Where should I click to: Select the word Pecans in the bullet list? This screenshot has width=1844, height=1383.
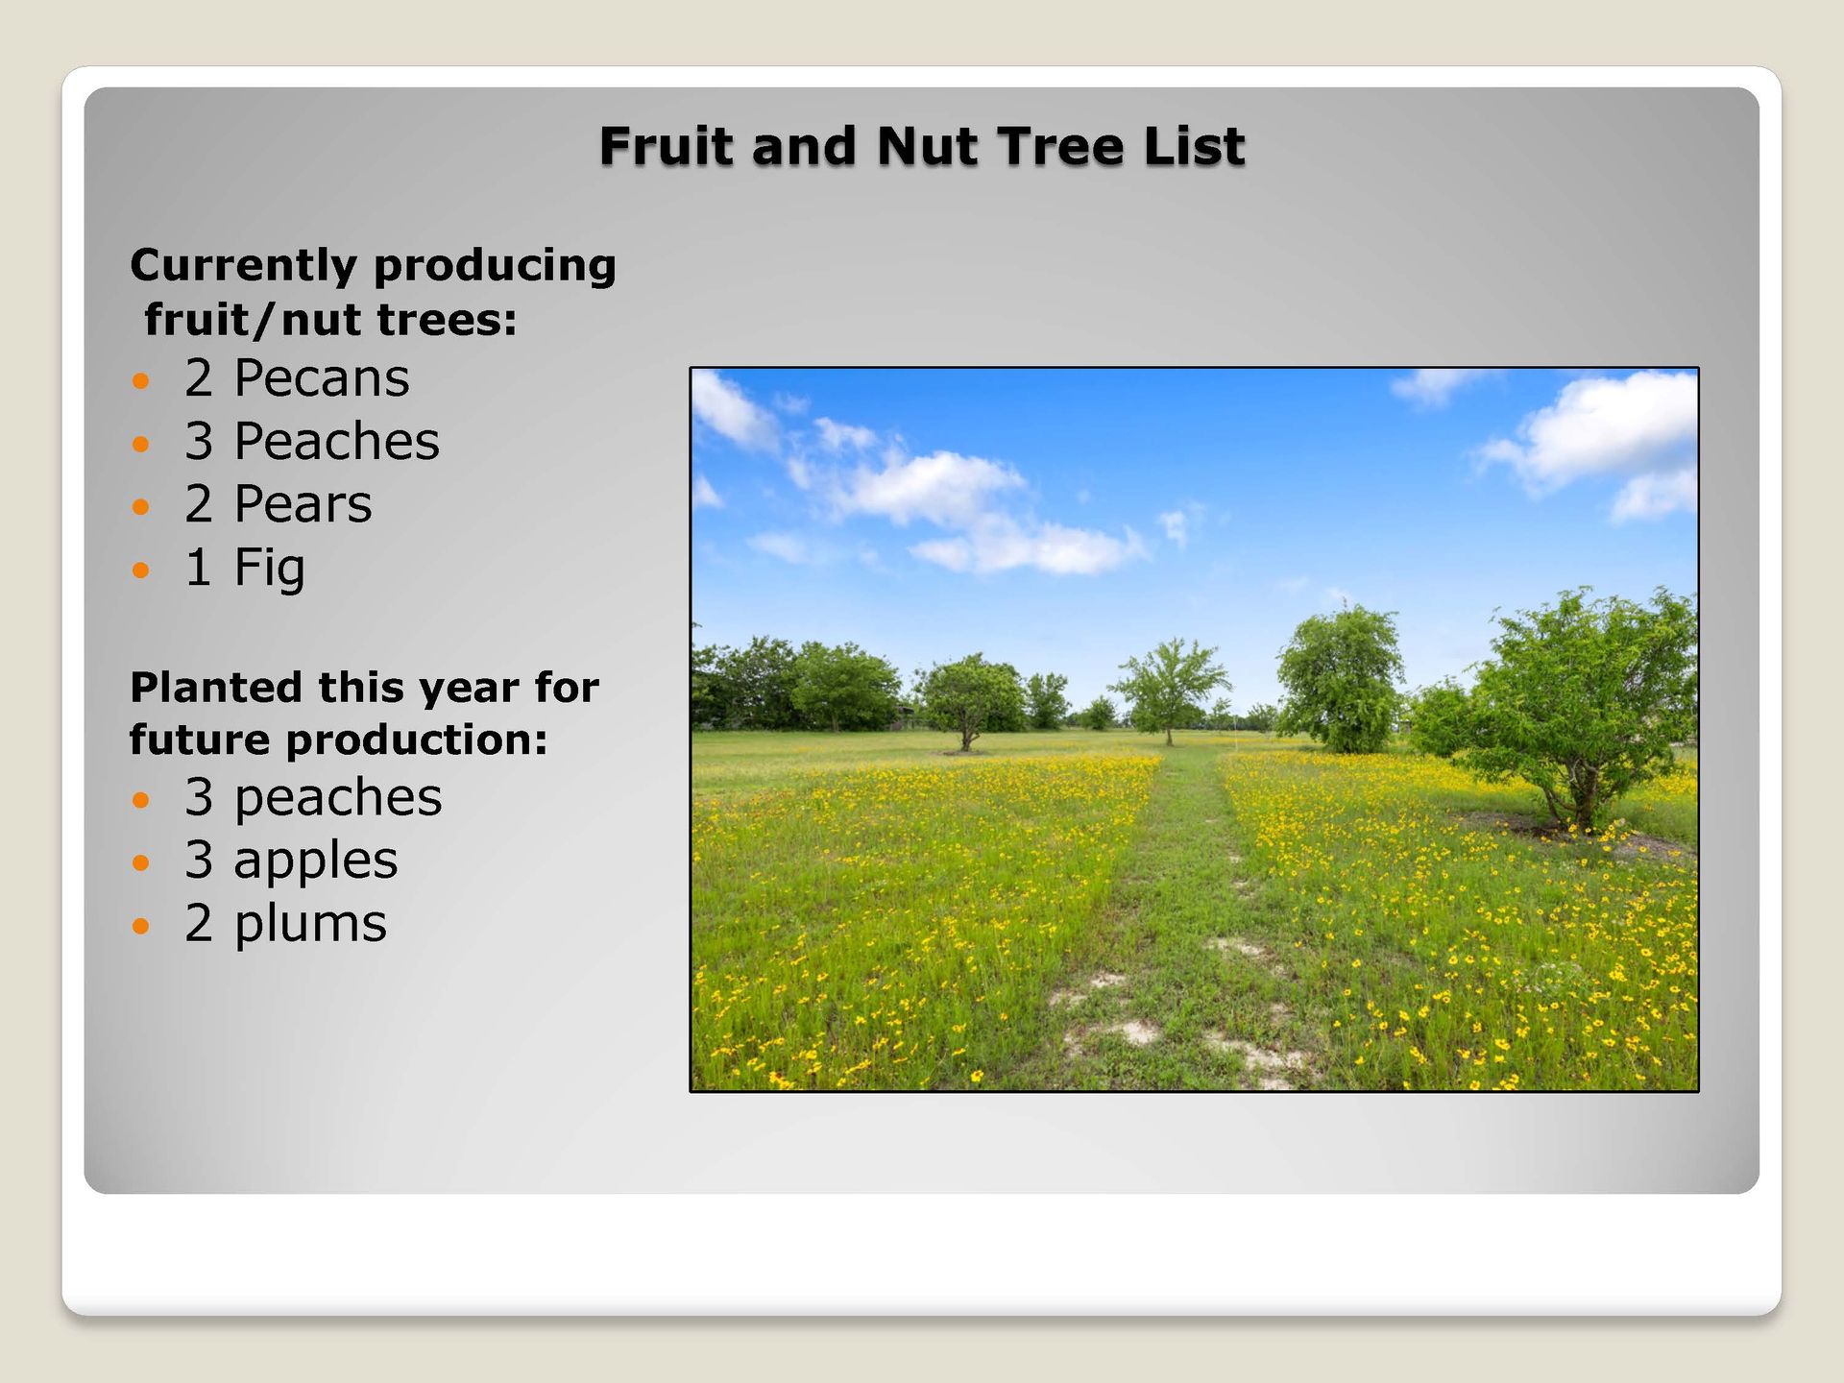tap(322, 377)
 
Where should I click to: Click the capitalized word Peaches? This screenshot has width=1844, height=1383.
tap(337, 441)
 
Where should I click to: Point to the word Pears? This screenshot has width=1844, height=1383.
tap(303, 504)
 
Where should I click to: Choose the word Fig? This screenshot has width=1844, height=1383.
tap(270, 569)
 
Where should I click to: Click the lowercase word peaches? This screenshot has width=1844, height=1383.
tap(338, 798)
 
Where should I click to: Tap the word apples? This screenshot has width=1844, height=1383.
tap(316, 861)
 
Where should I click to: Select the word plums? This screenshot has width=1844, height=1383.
tap(310, 924)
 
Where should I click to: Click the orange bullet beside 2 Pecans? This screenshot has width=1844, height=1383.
tap(141, 381)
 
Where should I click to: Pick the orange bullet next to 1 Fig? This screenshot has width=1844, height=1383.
tap(141, 570)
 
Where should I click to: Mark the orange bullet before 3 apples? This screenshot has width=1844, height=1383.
tap(141, 862)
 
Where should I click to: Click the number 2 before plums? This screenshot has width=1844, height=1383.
tap(199, 923)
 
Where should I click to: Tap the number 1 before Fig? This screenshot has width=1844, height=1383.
tap(199, 567)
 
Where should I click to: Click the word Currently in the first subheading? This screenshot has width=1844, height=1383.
tap(243, 267)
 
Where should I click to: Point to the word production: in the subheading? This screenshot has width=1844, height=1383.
tap(417, 741)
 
